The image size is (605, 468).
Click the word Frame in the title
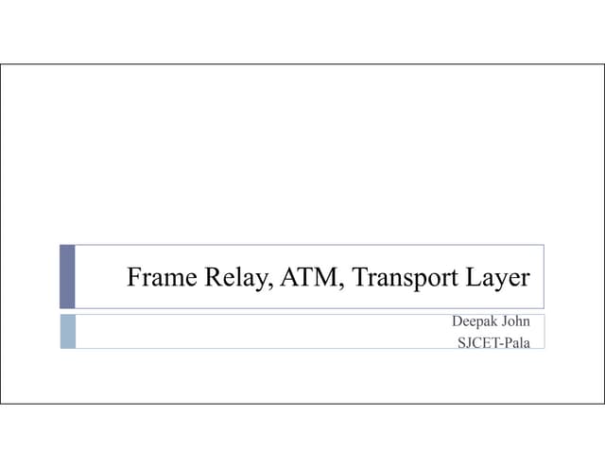pos(162,277)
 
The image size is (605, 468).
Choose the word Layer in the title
pos(498,278)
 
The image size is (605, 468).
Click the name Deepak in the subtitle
pos(475,321)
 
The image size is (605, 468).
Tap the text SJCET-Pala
pos(493,342)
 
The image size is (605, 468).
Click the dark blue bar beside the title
pos(67,277)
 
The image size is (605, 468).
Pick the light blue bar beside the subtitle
pos(68,332)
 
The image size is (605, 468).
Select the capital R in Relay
pos(214,277)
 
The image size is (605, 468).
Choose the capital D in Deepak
pos(457,321)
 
